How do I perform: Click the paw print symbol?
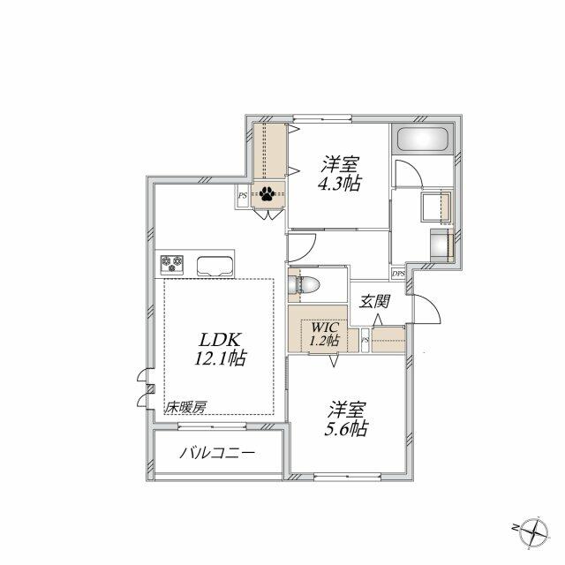267,194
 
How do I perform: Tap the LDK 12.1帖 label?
220,349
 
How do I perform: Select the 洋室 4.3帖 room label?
339,173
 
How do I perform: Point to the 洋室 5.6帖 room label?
346,419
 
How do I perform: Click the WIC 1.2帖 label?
324,334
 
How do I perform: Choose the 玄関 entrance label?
374,302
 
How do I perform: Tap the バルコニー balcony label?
218,453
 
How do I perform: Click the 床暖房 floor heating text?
186,408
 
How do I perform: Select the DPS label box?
398,274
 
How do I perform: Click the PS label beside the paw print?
243,196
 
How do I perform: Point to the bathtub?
422,139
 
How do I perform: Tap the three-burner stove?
172,264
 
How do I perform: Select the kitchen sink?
215,267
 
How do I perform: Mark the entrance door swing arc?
434,304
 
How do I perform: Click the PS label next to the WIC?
365,340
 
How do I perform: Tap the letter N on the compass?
515,528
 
